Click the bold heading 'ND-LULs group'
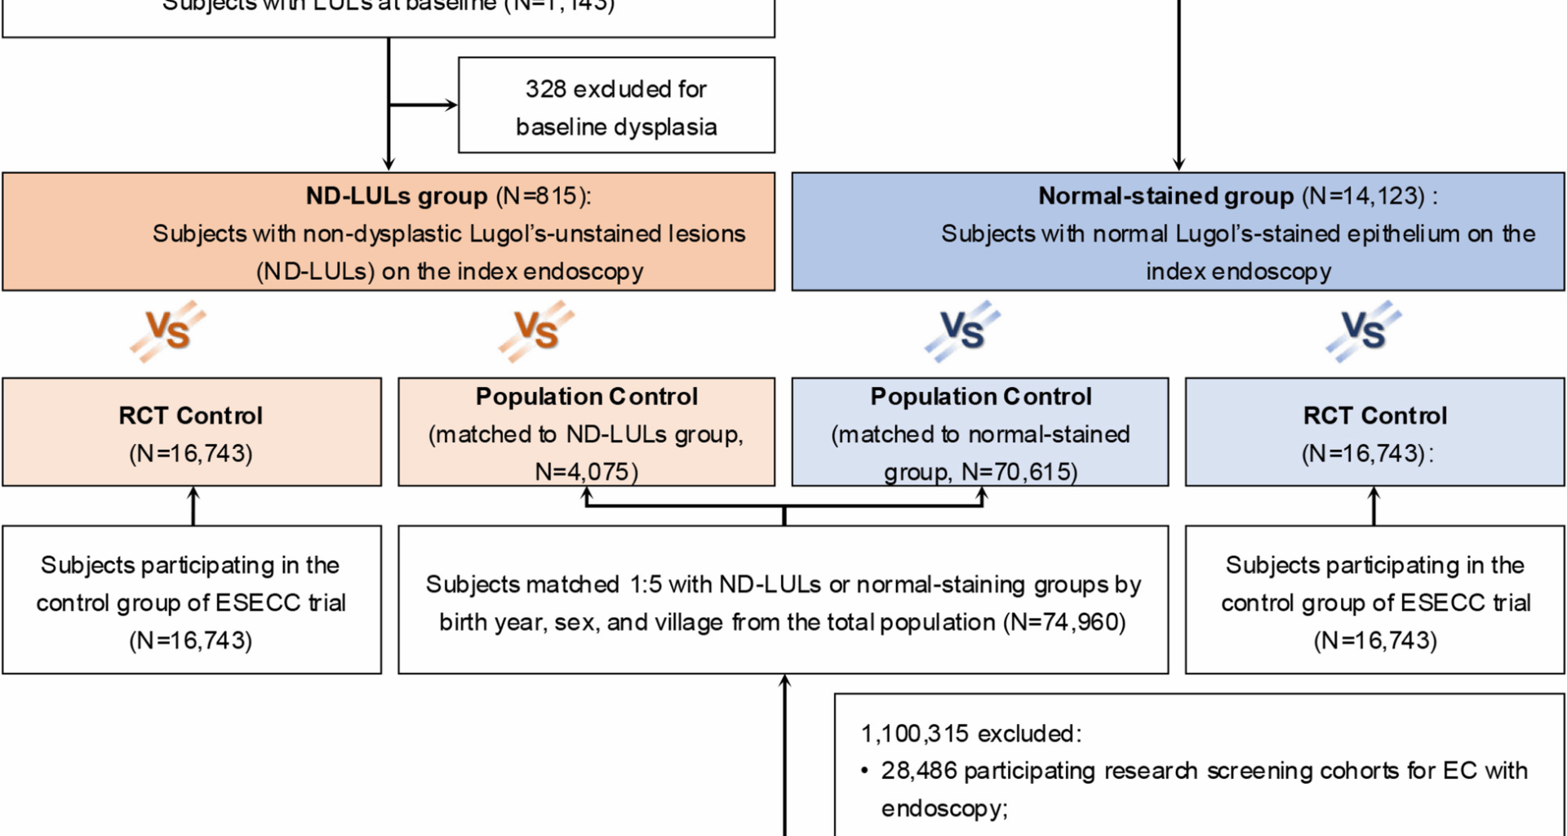pos(396,196)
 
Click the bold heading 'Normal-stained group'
pos(1165,196)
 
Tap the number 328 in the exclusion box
pos(544,89)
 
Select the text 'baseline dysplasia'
pos(616,127)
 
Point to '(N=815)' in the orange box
pos(543,196)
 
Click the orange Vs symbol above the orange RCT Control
pos(168,331)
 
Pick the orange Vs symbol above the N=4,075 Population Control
pos(536,331)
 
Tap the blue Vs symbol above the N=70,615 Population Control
pos(962,331)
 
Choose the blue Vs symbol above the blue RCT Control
pos(1363,331)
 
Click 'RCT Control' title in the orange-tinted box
pos(191,416)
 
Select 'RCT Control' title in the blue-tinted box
pos(1375,416)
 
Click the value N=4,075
pos(585,472)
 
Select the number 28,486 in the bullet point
pos(918,771)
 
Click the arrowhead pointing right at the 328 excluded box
pos(451,104)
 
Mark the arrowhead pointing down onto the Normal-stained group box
pos(1179,165)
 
